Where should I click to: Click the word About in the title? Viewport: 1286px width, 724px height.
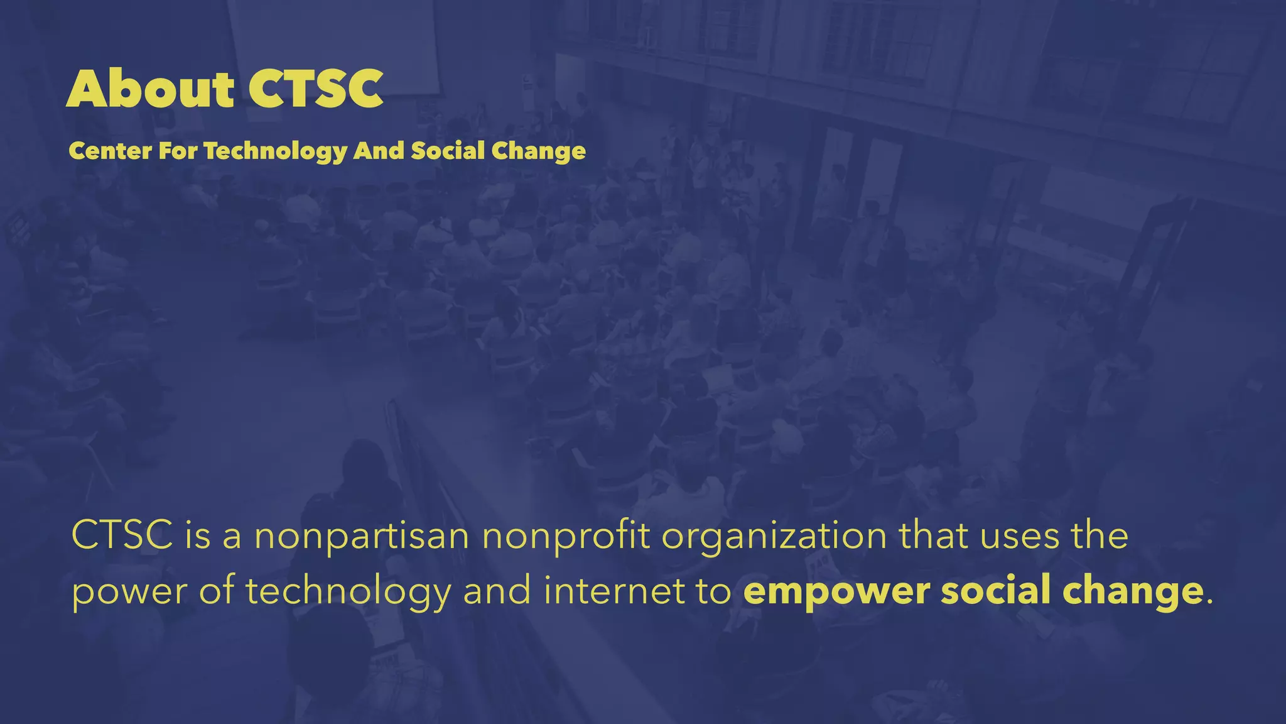click(150, 89)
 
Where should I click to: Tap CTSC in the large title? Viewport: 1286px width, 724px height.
click(315, 89)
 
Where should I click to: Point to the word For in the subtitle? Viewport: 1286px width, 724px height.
click(178, 151)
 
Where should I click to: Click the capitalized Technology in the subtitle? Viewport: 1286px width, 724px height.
click(275, 151)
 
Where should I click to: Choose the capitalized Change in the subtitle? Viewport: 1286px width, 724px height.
click(538, 151)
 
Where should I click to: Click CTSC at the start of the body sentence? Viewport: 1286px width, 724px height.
click(122, 535)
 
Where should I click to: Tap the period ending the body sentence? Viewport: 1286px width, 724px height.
click(1209, 602)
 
